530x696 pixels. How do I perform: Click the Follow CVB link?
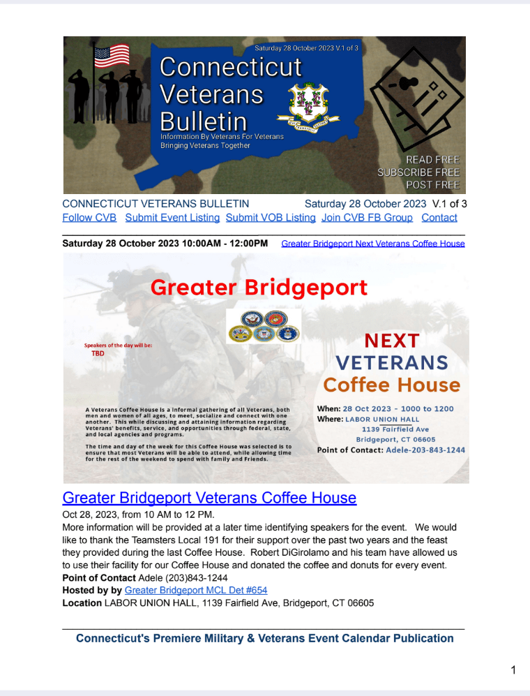click(x=89, y=218)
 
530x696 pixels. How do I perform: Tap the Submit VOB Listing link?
click(x=271, y=218)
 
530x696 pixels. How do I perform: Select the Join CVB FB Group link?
click(x=367, y=218)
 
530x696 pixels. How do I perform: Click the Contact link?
click(x=439, y=218)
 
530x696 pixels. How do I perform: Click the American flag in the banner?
click(x=112, y=56)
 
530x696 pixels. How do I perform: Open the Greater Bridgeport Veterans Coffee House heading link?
click(x=209, y=498)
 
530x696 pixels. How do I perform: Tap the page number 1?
click(x=513, y=671)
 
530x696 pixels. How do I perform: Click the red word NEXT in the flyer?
click(x=392, y=341)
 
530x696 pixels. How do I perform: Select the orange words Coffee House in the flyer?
click(x=392, y=385)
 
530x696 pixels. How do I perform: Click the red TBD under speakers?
click(x=98, y=353)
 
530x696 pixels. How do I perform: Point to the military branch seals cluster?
click(x=264, y=326)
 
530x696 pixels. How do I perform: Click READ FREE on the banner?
click(x=432, y=160)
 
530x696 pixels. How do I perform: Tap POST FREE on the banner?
click(x=432, y=185)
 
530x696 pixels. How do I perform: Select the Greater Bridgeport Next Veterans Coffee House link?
click(x=372, y=244)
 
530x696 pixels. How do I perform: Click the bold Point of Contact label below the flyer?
click(x=99, y=577)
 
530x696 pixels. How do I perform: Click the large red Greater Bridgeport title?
click(x=259, y=287)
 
